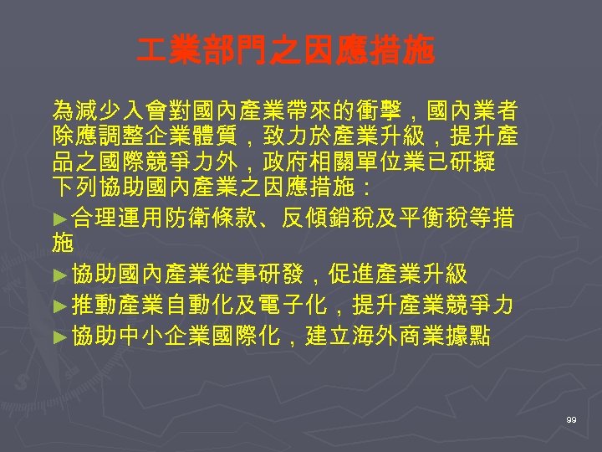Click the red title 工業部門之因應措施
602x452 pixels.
[x=286, y=52]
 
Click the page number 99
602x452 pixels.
[x=571, y=419]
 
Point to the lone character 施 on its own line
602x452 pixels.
[x=62, y=244]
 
